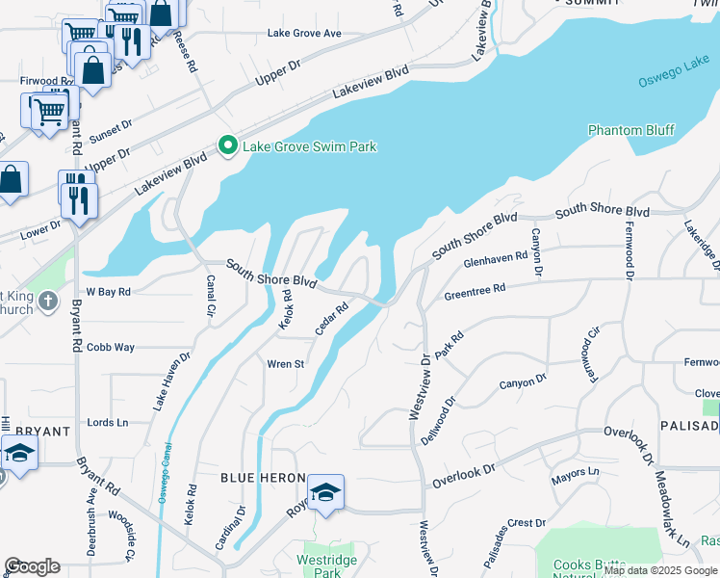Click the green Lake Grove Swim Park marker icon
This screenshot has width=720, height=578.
[x=228, y=146]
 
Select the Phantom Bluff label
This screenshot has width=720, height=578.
[x=631, y=130]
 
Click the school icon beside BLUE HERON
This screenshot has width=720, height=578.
[x=326, y=492]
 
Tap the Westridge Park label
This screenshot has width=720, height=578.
[x=321, y=565]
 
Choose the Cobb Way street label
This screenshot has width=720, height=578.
[x=111, y=347]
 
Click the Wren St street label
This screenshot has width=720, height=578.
[x=285, y=364]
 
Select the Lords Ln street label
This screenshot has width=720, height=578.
[x=107, y=423]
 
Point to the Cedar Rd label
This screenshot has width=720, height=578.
[x=331, y=320]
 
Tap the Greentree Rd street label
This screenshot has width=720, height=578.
[x=474, y=289]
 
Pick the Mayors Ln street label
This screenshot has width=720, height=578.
[x=575, y=473]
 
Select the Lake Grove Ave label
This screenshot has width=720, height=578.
[x=304, y=34]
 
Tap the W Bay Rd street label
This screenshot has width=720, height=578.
[x=108, y=290]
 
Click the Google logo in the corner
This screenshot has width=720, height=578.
[x=32, y=566]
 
